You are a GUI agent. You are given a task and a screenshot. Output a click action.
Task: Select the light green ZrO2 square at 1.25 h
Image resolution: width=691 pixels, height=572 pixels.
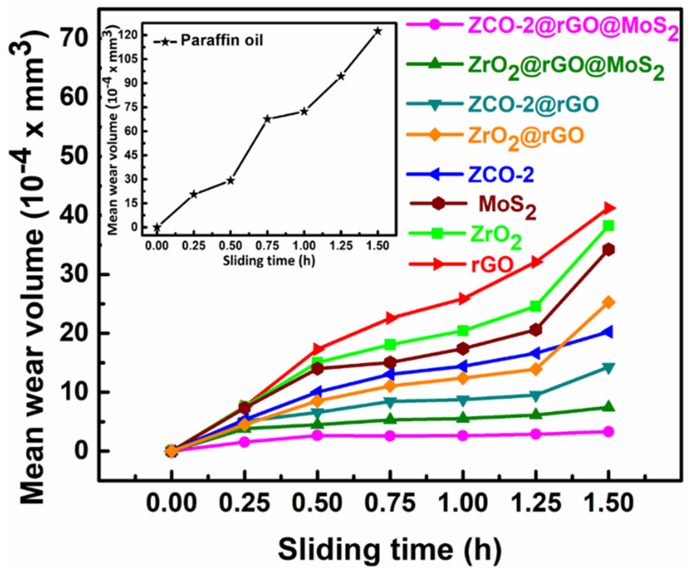click(x=536, y=306)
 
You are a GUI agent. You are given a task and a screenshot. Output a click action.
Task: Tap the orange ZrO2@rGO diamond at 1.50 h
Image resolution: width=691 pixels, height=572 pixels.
click(x=609, y=302)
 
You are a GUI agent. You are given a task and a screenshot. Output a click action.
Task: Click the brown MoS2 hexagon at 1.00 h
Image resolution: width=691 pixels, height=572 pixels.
click(x=463, y=348)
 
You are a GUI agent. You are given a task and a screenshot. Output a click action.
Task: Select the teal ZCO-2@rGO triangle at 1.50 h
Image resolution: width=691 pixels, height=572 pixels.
click(x=609, y=368)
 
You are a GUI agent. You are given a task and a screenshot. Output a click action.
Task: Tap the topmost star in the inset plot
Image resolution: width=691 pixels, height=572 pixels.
click(x=378, y=31)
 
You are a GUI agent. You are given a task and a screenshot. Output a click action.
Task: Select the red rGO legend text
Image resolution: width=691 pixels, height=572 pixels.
click(x=492, y=265)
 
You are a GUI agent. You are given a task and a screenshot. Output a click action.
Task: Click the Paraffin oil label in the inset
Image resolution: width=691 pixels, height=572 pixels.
click(x=222, y=40)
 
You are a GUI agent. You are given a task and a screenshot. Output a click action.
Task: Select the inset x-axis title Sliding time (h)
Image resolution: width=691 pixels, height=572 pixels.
click(x=269, y=261)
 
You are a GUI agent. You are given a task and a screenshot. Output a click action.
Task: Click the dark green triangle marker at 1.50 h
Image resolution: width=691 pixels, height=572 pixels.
click(x=609, y=407)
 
